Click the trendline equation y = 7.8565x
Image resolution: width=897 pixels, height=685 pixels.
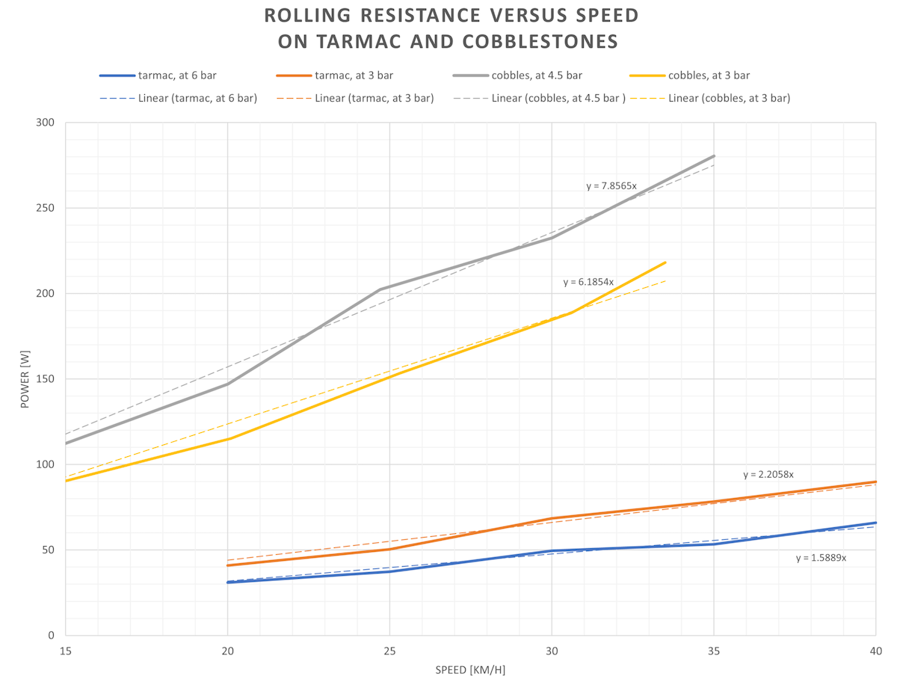pos(611,185)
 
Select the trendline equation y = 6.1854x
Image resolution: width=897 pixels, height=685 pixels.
pos(588,282)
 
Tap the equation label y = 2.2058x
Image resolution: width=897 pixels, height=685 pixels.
pos(768,474)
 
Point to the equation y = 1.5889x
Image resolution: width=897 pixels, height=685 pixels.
pos(821,558)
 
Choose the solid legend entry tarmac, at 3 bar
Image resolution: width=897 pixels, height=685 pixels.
pos(352,75)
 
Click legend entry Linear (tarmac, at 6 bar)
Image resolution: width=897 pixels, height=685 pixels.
pos(197,98)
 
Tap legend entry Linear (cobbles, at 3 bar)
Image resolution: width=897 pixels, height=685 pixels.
pos(729,98)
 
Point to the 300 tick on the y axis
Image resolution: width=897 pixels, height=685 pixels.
pos(46,123)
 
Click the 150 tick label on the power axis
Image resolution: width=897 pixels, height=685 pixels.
pos(46,379)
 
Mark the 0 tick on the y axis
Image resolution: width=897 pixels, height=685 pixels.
pos(51,636)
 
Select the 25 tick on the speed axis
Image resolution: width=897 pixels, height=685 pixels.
pos(389,652)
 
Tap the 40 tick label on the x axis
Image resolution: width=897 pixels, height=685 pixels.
pos(875,652)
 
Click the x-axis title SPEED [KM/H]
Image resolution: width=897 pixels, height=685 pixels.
pos(470,670)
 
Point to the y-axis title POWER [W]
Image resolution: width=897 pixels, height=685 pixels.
pos(25,379)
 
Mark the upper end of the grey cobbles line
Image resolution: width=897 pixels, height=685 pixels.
pos(714,156)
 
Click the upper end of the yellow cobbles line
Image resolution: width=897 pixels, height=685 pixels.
pos(665,262)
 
